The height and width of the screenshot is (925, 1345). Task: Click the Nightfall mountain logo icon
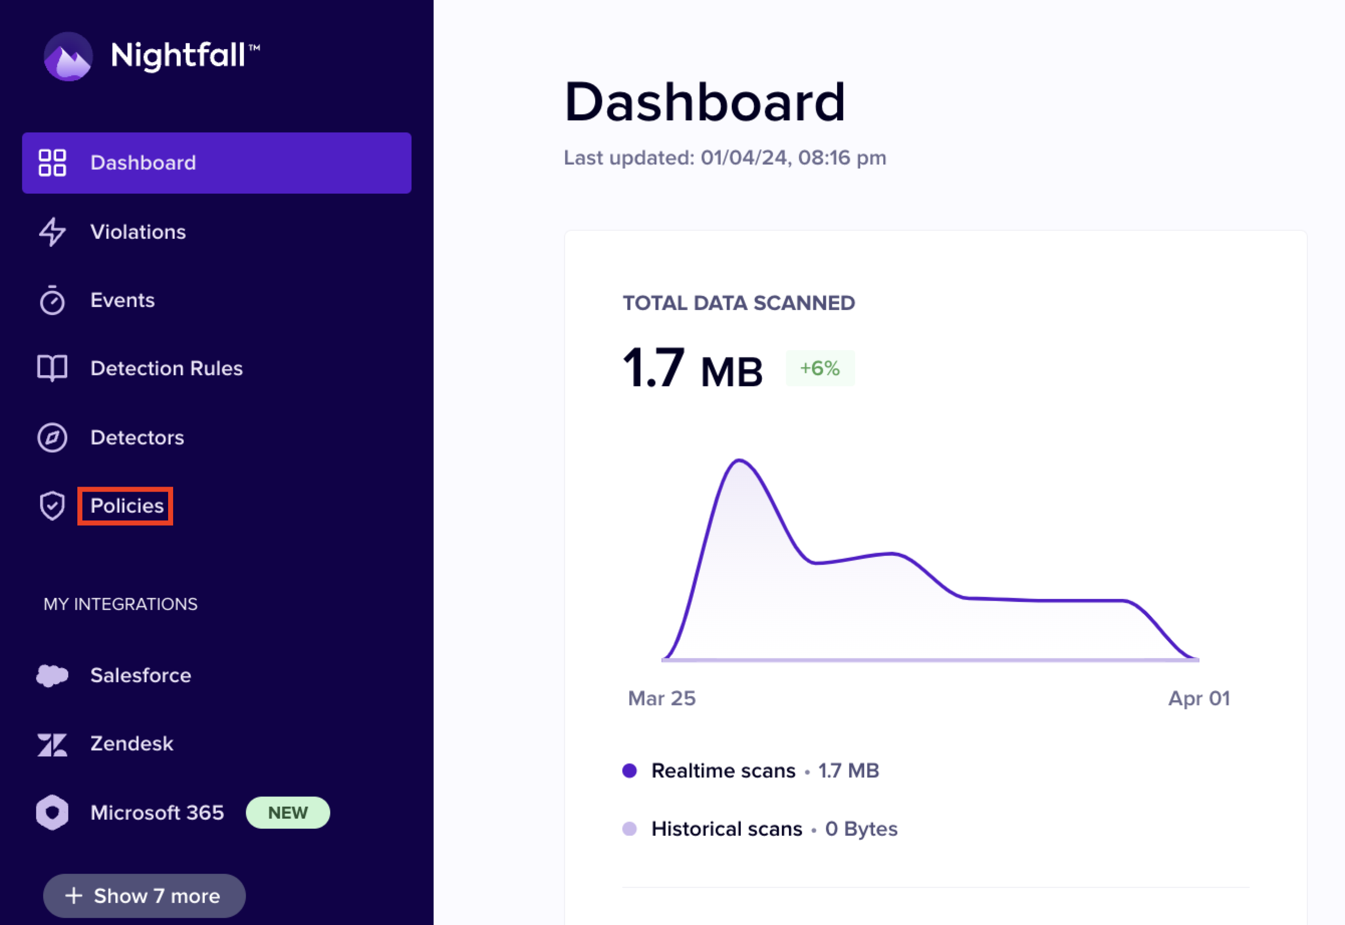pyautogui.click(x=68, y=56)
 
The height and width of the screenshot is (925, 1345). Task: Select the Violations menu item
pyautogui.click(x=138, y=232)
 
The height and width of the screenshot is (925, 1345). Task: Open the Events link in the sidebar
pyautogui.click(x=122, y=300)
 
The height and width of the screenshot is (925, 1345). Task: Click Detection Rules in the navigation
pyautogui.click(x=167, y=369)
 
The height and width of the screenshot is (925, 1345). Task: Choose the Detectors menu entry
pyautogui.click(x=137, y=437)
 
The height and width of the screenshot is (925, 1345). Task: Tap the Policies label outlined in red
pyautogui.click(x=126, y=506)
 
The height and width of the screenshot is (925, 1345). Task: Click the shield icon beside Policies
pyautogui.click(x=52, y=506)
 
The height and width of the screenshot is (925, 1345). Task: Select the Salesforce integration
pyautogui.click(x=141, y=675)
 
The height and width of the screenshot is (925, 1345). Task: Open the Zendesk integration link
pyautogui.click(x=131, y=743)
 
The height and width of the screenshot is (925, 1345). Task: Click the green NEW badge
pyautogui.click(x=288, y=813)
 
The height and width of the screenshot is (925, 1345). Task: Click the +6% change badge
pyautogui.click(x=820, y=368)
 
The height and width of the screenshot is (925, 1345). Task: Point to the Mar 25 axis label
pyautogui.click(x=661, y=698)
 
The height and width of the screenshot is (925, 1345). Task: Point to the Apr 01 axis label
pyautogui.click(x=1199, y=698)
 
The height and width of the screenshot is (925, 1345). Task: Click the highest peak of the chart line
pyautogui.click(x=740, y=461)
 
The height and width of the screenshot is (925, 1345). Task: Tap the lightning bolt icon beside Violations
pyautogui.click(x=52, y=232)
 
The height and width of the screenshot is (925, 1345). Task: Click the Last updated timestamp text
pyautogui.click(x=725, y=158)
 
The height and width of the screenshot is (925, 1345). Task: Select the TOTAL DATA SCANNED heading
pyautogui.click(x=739, y=303)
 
